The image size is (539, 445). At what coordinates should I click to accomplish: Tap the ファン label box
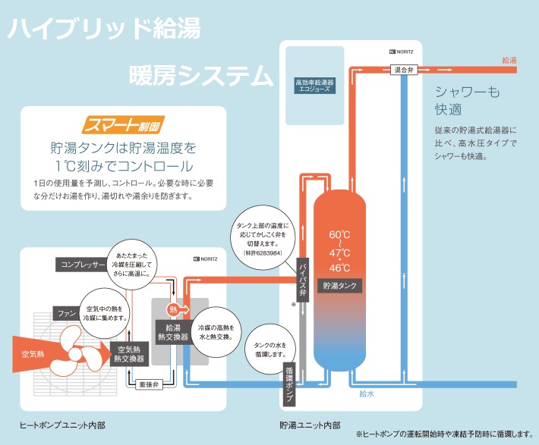pyautogui.click(x=65, y=312)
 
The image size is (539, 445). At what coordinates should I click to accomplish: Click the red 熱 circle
pyautogui.click(x=174, y=309)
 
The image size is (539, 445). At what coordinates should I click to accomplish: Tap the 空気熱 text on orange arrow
pyautogui.click(x=36, y=354)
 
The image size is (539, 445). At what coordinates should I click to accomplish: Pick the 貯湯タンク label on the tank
pyautogui.click(x=339, y=287)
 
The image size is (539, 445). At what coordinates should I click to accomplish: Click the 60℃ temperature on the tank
pyautogui.click(x=339, y=233)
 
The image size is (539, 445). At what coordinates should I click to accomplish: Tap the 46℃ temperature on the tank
pyautogui.click(x=339, y=268)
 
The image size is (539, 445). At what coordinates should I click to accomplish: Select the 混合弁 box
pyautogui.click(x=404, y=69)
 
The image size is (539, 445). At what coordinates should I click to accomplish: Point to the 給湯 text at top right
pyautogui.click(x=509, y=59)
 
